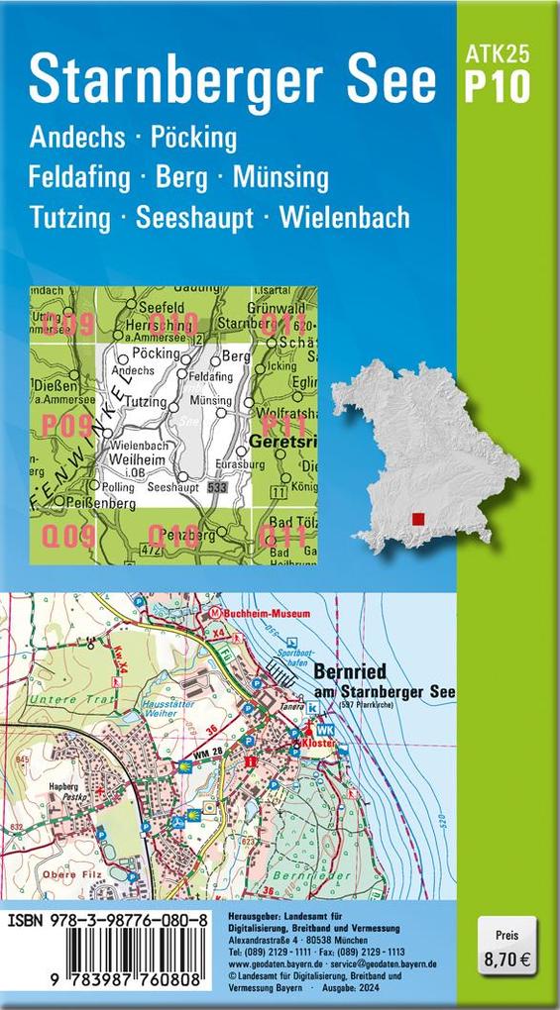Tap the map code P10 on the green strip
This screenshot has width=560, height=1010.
[497, 88]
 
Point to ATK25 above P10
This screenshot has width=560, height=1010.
[497, 55]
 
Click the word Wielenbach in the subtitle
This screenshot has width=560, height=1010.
[345, 217]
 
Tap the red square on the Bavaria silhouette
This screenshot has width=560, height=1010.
[419, 518]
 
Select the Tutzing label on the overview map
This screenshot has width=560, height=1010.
[145, 402]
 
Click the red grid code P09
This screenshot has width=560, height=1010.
[66, 427]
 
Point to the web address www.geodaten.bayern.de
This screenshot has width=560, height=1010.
[263, 961]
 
